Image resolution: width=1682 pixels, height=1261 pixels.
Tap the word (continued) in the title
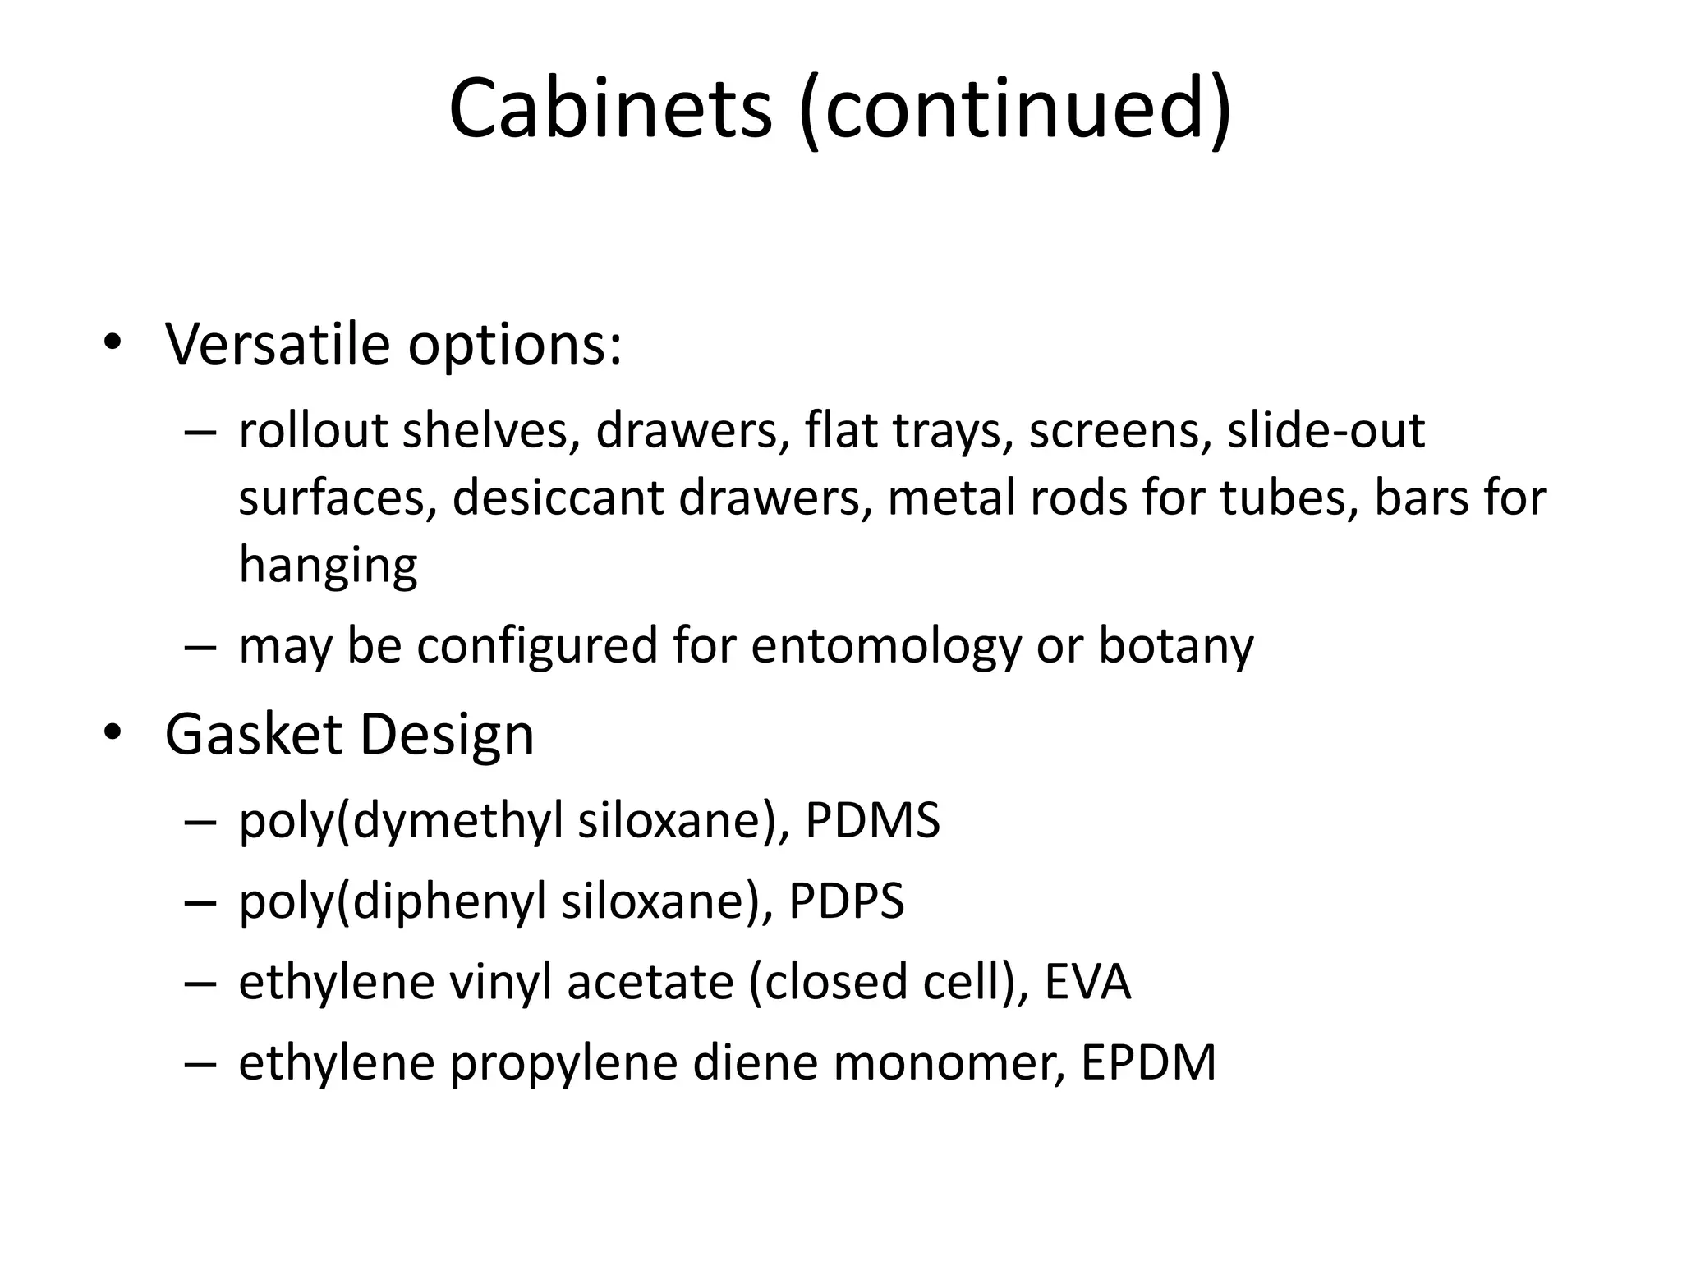point(1015,110)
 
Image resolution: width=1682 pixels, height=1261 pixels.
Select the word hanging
point(328,566)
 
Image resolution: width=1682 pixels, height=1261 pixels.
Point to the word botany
point(1176,646)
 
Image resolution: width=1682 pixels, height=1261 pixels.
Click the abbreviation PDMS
point(872,820)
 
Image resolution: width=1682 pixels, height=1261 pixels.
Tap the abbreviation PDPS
point(846,901)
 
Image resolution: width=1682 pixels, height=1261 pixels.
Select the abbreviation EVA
point(1087,982)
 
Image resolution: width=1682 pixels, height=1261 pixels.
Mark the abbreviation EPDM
point(1148,1063)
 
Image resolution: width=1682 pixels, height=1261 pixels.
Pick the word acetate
point(650,982)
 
